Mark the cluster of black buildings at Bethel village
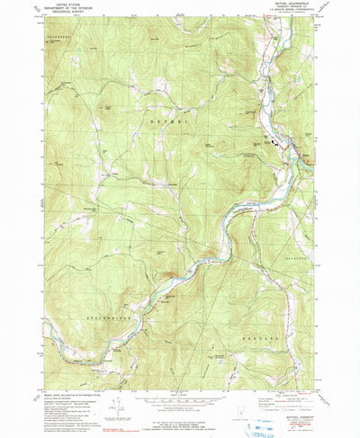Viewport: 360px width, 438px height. coord(273,141)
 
